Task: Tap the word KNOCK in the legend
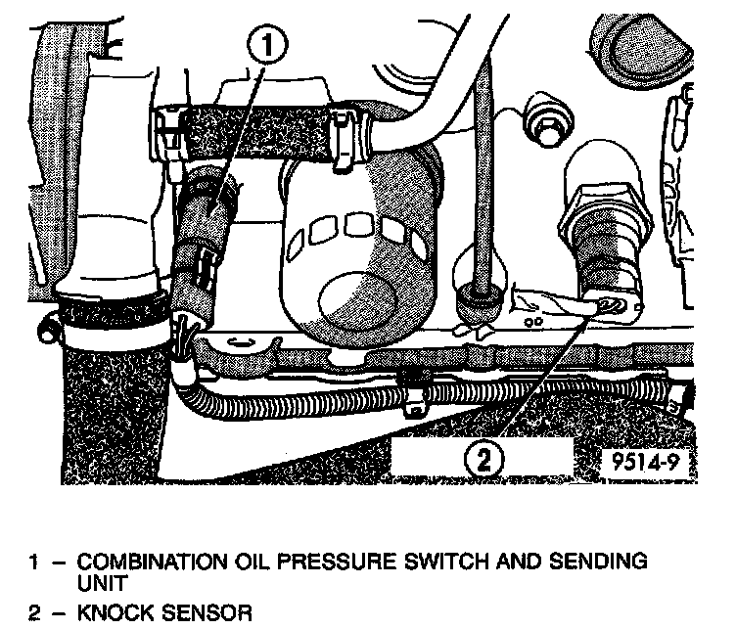tap(115, 613)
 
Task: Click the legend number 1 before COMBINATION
tap(35, 562)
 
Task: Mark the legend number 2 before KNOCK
tap(35, 613)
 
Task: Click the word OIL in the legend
tap(254, 562)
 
